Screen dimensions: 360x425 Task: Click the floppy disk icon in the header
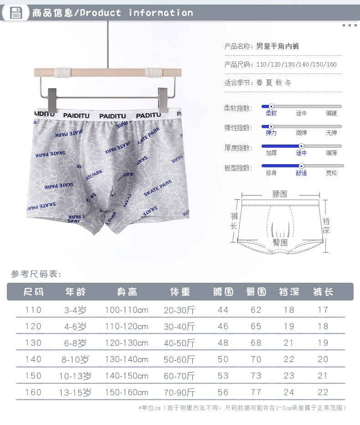pos(16,13)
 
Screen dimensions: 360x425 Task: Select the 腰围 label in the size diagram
pos(280,194)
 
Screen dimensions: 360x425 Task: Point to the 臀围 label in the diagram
pos(280,242)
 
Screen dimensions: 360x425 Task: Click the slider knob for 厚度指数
pos(301,146)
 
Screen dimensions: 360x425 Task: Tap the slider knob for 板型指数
pos(301,166)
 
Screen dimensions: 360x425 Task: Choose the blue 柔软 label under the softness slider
pos(271,113)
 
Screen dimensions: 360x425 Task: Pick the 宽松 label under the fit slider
pos(331,173)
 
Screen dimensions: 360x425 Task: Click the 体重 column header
pos(180,292)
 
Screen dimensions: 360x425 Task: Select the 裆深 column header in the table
pos(289,292)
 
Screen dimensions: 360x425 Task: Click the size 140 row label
pos(33,359)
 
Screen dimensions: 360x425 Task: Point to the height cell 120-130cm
pos(126,343)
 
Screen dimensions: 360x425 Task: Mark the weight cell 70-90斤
pos(180,392)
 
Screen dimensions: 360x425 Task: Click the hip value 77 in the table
pos(256,392)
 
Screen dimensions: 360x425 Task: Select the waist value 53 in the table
pos(223,376)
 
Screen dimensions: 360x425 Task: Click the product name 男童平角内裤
pos(278,46)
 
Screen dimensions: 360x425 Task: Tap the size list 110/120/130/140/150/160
pos(296,64)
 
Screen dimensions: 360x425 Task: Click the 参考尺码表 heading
pos(36,274)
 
